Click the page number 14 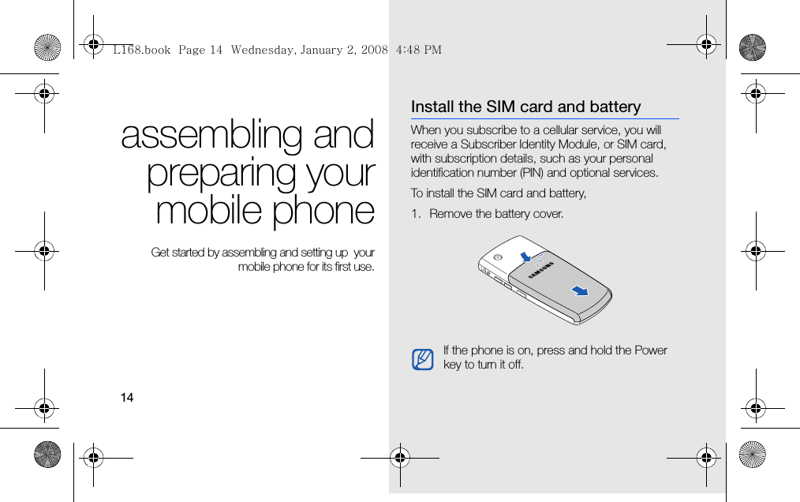click(127, 397)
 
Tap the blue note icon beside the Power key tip click(422, 359)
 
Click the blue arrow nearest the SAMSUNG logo click(525, 257)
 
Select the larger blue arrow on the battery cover click(580, 290)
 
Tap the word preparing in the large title click(221, 174)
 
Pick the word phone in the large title click(323, 212)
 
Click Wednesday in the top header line click(262, 50)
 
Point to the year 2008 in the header click(375, 50)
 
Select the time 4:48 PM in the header click(419, 50)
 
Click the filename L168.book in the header click(142, 50)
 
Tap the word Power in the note click(651, 350)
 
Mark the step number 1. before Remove click(416, 213)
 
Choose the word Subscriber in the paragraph click(484, 144)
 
